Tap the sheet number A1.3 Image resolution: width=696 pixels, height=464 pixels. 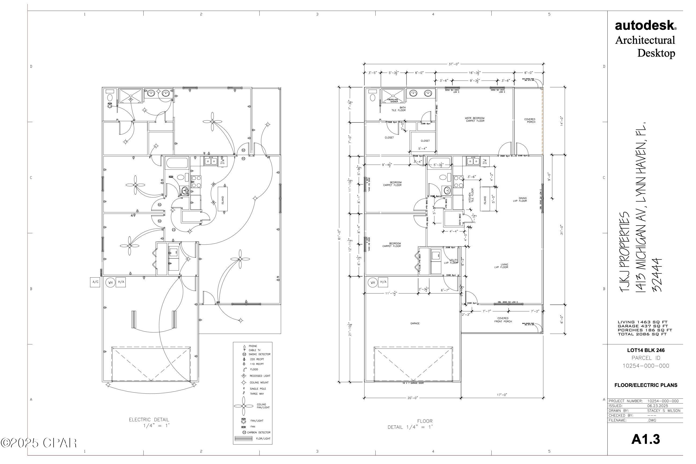646,439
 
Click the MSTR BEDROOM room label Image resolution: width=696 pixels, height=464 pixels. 475,119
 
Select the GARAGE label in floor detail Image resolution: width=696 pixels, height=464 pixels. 415,324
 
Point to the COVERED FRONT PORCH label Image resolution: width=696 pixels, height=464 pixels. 503,320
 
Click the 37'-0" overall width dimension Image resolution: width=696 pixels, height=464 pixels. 453,64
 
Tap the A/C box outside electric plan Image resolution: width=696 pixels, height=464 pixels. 95,282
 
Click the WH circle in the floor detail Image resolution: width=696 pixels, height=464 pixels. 372,282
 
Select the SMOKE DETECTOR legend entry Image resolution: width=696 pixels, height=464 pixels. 259,354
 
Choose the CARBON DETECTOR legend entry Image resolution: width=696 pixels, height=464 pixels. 259,432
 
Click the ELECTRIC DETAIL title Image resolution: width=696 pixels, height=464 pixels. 149,420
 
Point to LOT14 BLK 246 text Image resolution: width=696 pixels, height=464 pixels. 646,350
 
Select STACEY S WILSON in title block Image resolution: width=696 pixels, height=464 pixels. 664,411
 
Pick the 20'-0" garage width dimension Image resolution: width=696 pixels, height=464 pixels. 412,398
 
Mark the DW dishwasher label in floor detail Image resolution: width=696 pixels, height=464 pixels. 485,161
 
